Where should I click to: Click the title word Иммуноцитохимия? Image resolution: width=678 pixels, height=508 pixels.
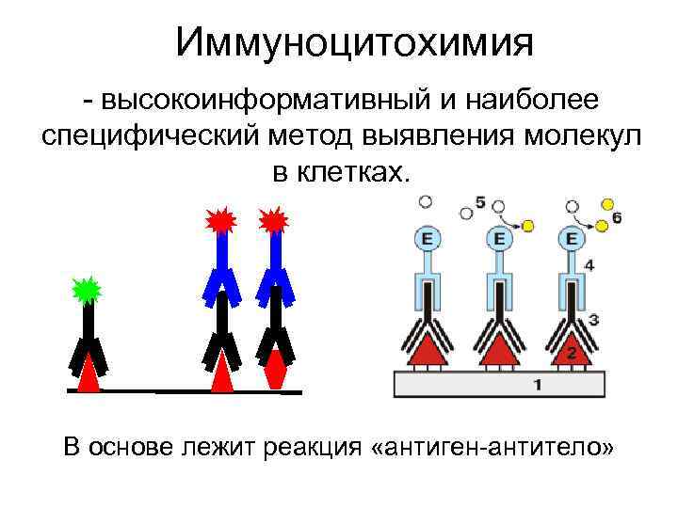pos(355,41)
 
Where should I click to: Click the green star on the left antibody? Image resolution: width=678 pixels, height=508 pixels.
pos(87,291)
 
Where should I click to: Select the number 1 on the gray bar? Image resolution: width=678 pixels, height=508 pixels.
pos(537,384)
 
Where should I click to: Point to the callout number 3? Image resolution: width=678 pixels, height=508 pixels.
pos(593,320)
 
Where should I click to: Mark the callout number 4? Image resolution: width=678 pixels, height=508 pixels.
pos(589,265)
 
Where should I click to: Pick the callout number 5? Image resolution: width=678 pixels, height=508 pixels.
pos(481,202)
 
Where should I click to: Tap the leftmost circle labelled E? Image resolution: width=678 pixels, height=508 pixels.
pos(427,239)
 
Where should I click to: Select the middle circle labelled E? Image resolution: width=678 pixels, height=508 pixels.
pos(498,239)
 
